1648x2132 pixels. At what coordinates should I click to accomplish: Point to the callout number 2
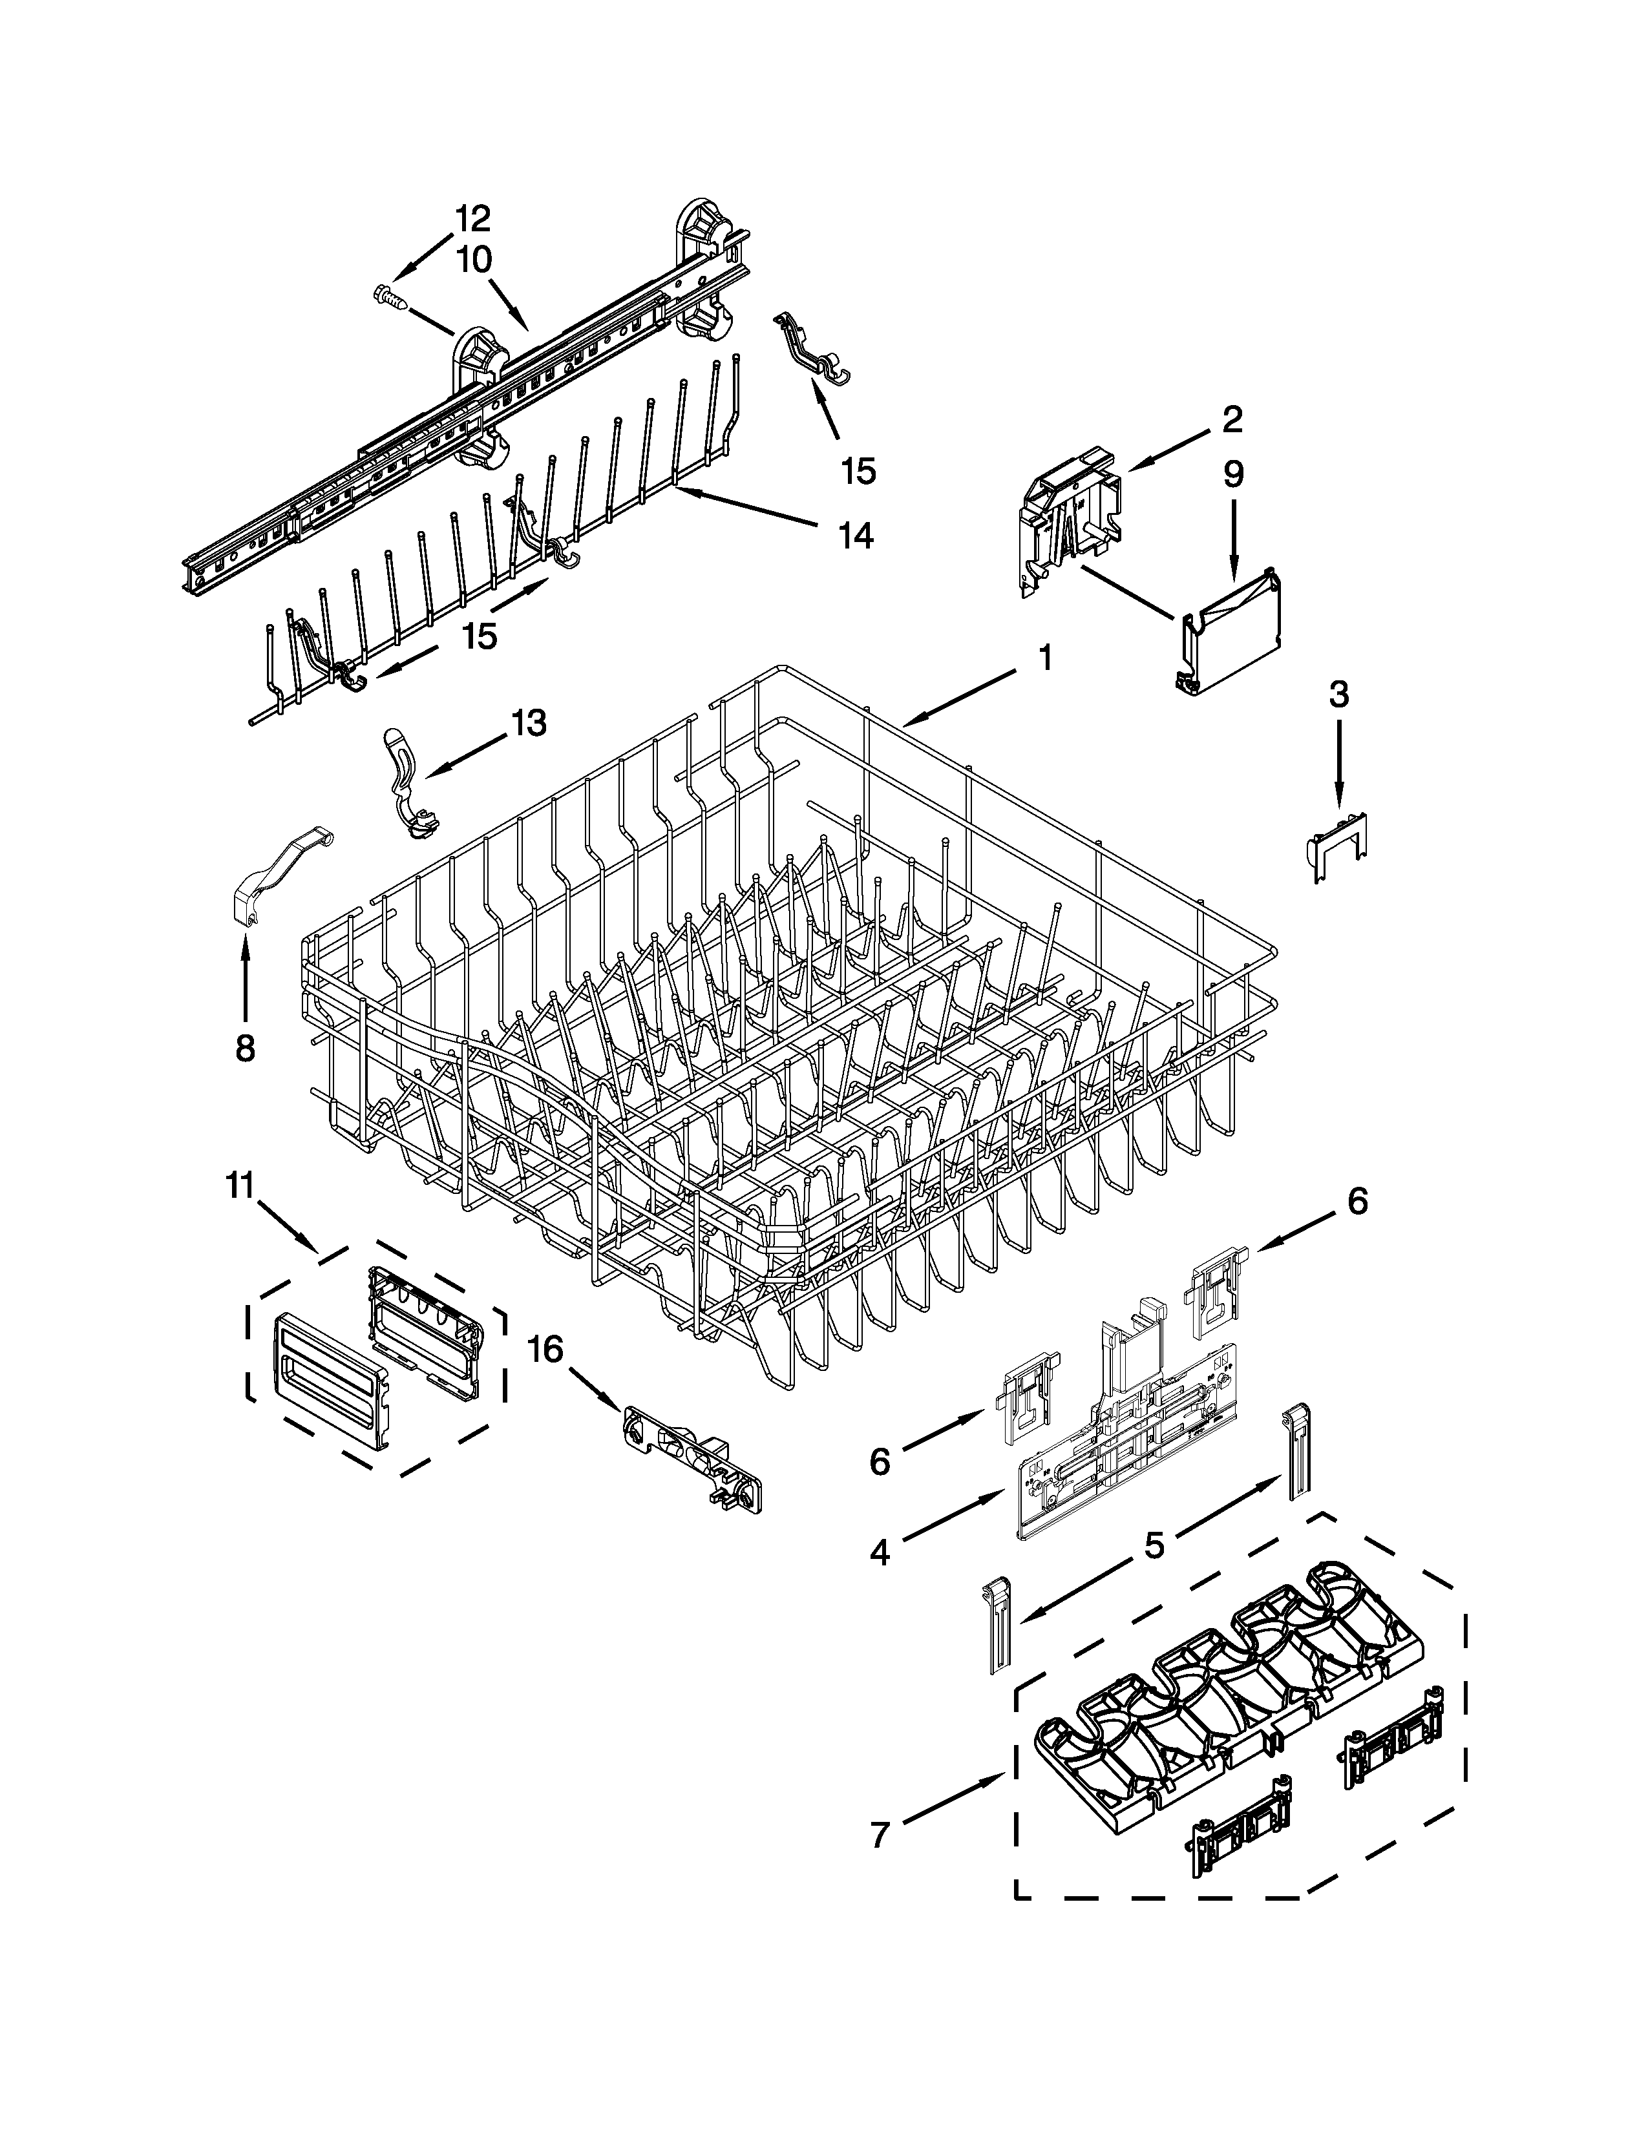tap(1232, 420)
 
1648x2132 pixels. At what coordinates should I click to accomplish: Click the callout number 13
tap(528, 724)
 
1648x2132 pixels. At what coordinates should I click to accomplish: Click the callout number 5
tap(1154, 1545)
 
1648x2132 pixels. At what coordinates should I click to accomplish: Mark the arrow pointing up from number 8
tap(244, 976)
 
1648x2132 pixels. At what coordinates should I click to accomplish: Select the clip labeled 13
tap(408, 781)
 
